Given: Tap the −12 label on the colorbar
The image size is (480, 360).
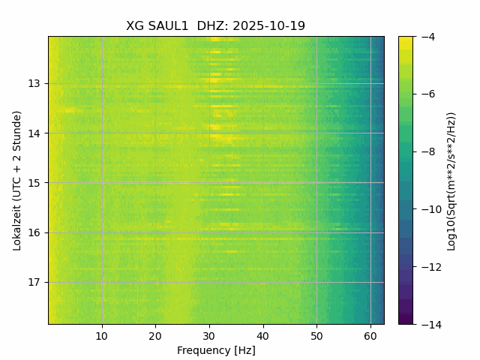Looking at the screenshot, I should click(x=428, y=267).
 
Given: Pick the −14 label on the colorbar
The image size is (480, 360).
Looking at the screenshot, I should click(x=428, y=324).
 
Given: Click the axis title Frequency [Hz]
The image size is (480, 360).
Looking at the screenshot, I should click(x=216, y=350).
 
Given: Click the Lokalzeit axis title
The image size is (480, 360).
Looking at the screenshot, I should click(x=16, y=180).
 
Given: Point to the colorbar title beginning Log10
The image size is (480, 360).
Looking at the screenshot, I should click(x=451, y=180).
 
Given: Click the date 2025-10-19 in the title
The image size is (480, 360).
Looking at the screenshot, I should click(x=268, y=25).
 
